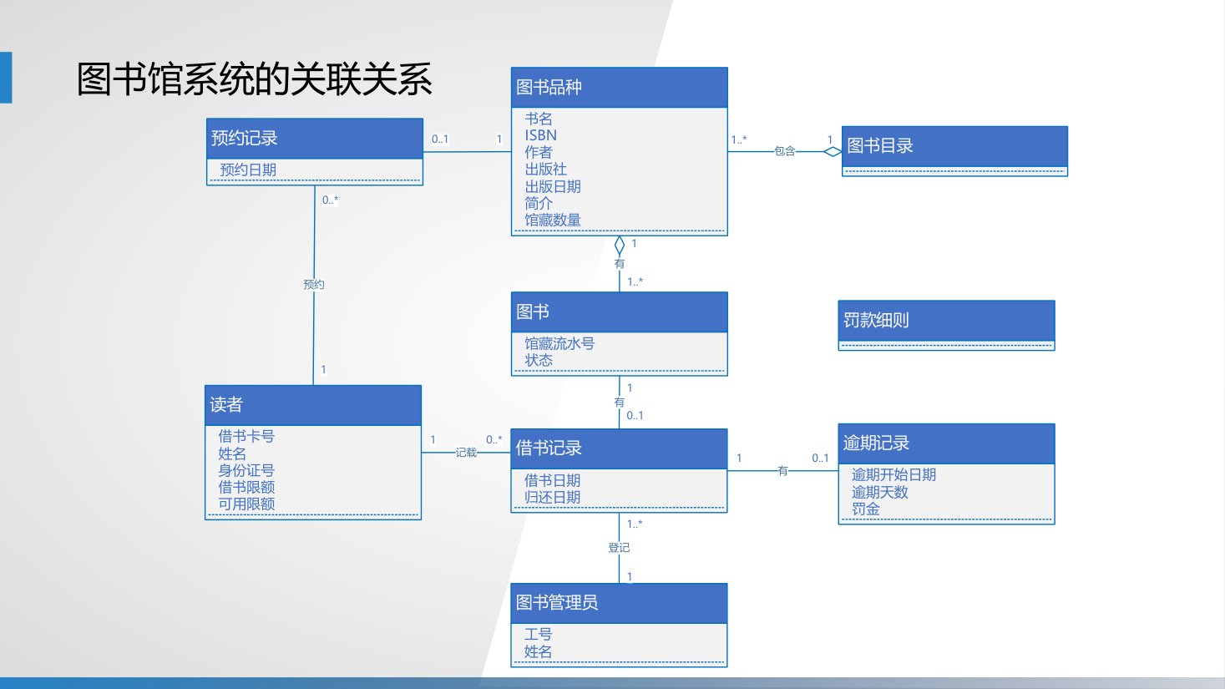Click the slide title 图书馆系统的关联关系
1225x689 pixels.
point(255,79)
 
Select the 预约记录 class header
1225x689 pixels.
point(315,139)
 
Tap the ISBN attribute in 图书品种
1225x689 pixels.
point(540,135)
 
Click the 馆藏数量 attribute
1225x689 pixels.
point(552,220)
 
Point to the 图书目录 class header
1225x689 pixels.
point(954,146)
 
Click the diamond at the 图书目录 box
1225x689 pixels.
point(833,151)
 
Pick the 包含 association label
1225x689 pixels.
point(784,151)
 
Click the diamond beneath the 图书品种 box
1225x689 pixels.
point(619,246)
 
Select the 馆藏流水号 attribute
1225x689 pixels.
point(559,343)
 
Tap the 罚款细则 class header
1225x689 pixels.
point(946,321)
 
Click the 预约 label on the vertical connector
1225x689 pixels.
point(313,284)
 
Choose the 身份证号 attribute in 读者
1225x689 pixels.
point(246,470)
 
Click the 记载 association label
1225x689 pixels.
point(466,452)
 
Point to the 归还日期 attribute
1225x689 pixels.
point(552,497)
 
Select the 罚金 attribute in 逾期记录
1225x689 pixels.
point(865,509)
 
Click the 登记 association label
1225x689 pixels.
point(619,547)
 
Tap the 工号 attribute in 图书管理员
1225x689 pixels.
point(538,635)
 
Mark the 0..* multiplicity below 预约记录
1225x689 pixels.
point(330,200)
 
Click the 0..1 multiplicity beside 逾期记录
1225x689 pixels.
point(820,458)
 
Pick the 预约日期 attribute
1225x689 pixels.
point(248,170)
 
